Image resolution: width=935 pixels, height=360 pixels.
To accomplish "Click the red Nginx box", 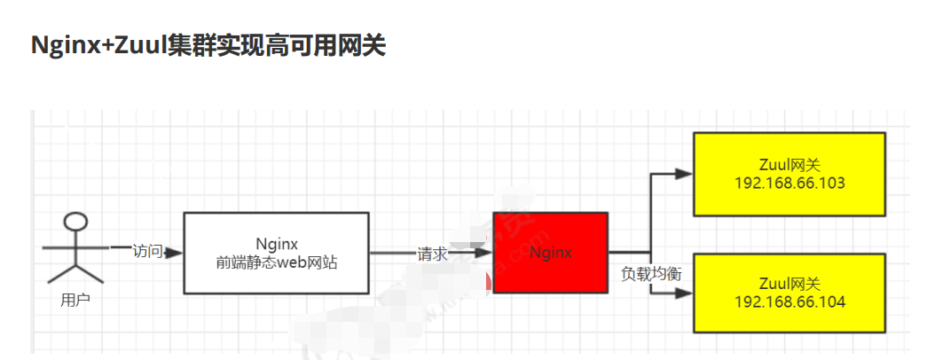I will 550,253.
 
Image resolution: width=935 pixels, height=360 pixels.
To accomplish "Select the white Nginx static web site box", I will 276,253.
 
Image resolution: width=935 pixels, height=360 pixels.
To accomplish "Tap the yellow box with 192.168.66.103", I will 789,174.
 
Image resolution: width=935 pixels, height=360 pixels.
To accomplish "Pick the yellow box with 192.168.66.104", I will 789,293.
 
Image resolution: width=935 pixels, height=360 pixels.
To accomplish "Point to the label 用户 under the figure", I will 75,300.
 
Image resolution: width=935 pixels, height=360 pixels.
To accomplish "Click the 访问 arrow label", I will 147,251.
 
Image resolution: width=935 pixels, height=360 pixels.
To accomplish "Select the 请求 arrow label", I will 432,253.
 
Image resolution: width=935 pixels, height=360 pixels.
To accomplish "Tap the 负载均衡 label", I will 651,274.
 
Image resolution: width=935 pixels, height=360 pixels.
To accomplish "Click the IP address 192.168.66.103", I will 790,184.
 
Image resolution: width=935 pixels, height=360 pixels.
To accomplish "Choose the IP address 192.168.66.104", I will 790,302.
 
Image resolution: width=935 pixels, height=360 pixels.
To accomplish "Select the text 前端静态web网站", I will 277,262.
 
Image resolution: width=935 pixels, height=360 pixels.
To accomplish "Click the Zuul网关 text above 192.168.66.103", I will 790,165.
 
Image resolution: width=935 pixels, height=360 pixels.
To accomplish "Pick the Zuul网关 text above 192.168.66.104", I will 790,284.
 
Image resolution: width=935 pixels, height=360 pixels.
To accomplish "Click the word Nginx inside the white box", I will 276,243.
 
